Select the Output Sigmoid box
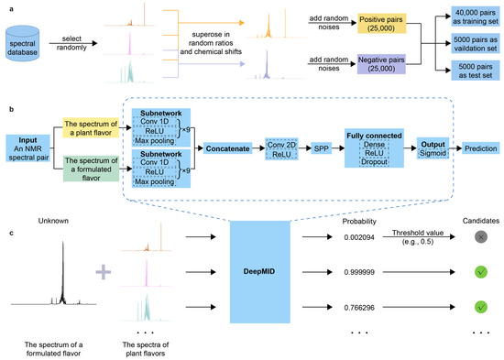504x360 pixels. [x=435, y=147]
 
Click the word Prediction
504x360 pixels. [x=479, y=147]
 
